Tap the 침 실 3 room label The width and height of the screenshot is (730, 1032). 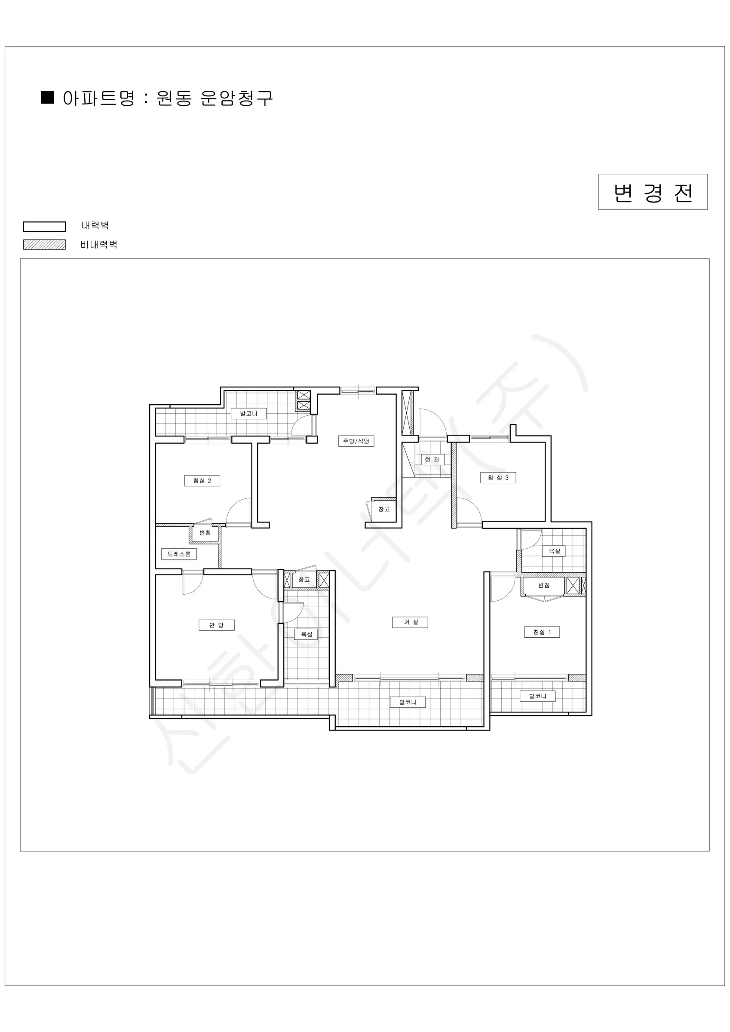[x=498, y=477]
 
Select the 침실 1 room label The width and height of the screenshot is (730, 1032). [x=542, y=632]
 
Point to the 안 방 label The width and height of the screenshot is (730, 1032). [x=217, y=625]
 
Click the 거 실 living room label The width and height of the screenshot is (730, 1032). [x=410, y=622]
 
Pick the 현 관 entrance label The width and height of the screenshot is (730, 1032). [x=432, y=459]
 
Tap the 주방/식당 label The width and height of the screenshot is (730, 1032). [x=356, y=441]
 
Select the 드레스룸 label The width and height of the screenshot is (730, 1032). [x=179, y=554]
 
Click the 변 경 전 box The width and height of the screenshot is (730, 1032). [x=653, y=192]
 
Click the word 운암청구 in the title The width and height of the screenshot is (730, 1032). [x=236, y=98]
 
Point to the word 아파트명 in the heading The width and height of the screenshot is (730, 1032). [x=98, y=98]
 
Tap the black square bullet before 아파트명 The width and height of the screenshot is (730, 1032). [x=48, y=97]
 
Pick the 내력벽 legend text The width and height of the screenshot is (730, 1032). [x=95, y=226]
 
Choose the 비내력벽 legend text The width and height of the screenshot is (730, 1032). [x=99, y=245]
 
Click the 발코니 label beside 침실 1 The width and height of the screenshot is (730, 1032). [x=537, y=696]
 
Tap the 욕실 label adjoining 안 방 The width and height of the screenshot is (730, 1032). [x=306, y=634]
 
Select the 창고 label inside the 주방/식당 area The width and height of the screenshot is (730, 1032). [x=384, y=509]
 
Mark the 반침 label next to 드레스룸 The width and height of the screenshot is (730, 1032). [x=205, y=533]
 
